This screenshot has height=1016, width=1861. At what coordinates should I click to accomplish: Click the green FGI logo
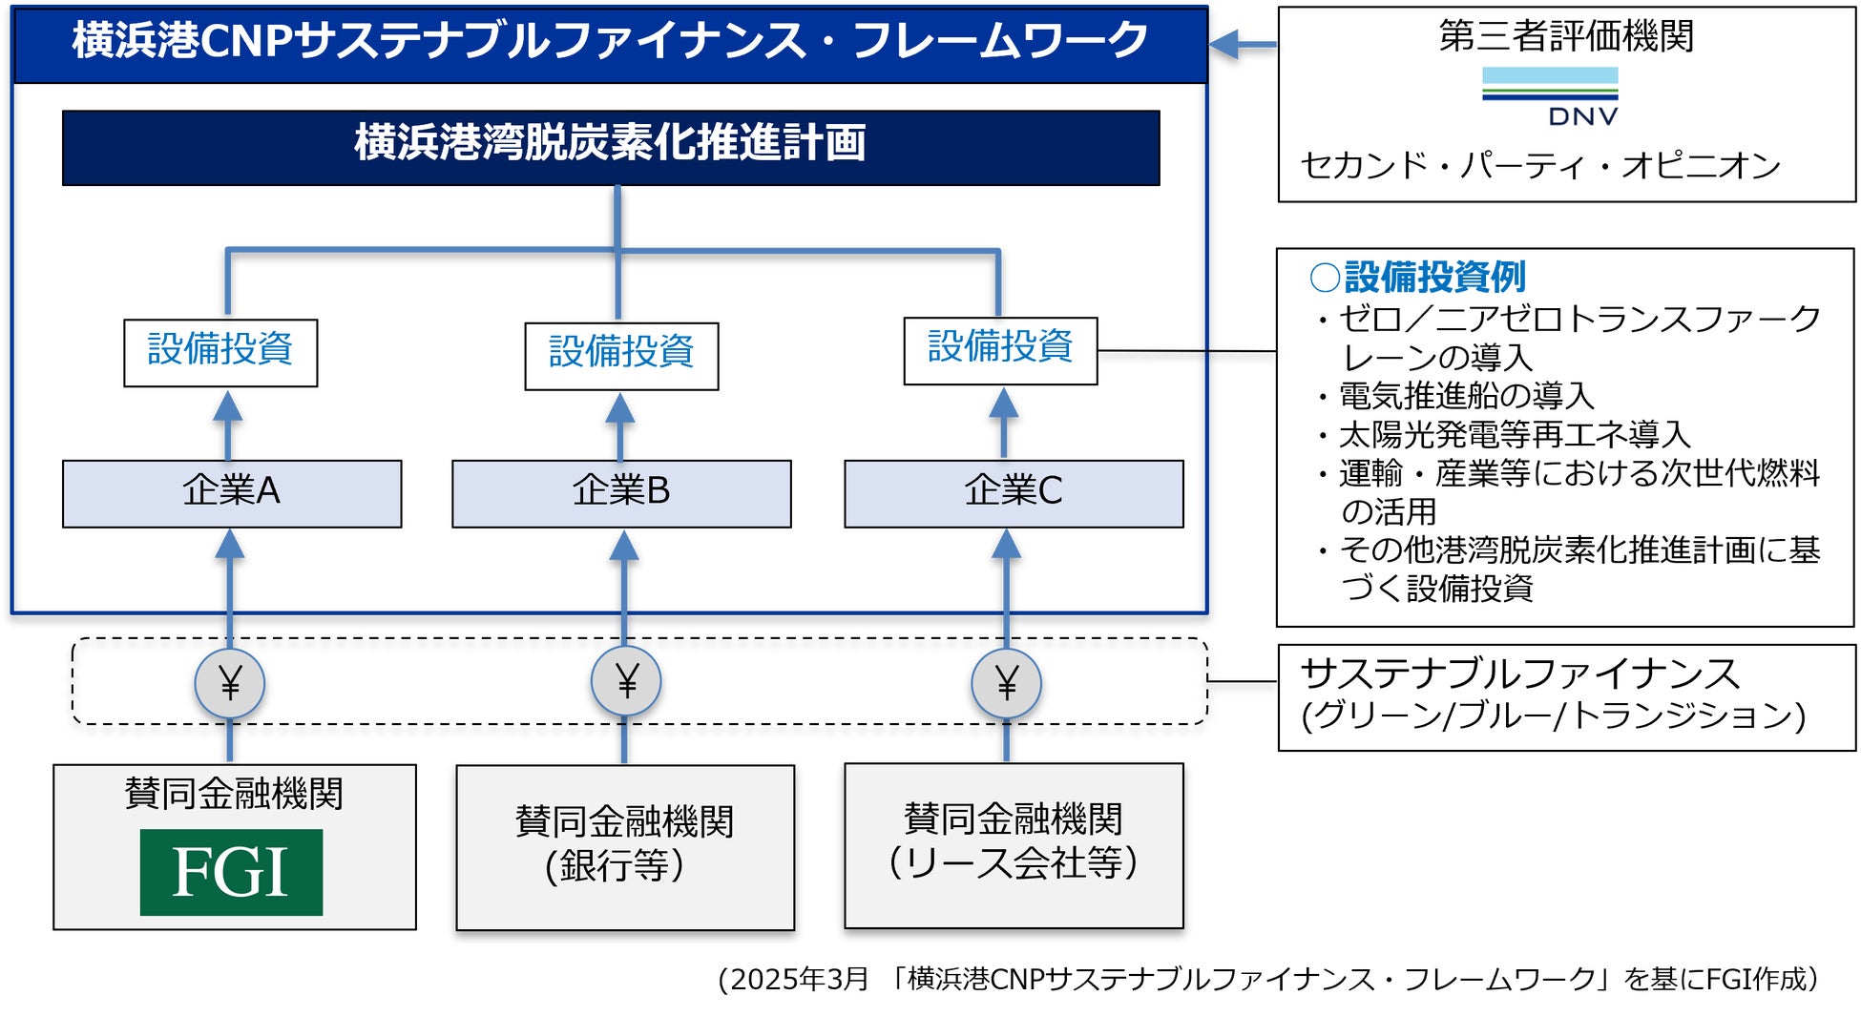tap(231, 872)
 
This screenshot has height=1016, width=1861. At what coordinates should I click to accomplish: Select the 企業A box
tap(232, 493)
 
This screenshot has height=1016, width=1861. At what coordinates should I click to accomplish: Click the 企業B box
tap(621, 493)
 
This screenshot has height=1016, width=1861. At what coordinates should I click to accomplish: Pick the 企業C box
tap(1014, 493)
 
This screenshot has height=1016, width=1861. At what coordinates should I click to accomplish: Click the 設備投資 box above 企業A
tap(220, 352)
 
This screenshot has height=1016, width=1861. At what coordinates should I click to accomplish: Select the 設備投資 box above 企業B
tap(621, 356)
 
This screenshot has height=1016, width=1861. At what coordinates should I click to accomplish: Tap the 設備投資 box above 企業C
tap(1000, 350)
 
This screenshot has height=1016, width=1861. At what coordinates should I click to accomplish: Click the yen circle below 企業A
tap(230, 683)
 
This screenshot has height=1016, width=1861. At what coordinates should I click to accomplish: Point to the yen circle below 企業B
tap(626, 681)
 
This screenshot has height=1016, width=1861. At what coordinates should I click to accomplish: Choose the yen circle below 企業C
tap(1006, 683)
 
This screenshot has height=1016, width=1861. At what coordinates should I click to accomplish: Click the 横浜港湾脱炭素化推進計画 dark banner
tap(611, 147)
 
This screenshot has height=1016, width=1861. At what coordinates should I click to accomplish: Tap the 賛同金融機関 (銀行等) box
tap(625, 846)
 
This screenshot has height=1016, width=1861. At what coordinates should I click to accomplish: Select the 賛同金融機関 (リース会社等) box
tap(1014, 844)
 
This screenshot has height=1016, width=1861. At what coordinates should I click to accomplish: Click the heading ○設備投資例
tap(1419, 278)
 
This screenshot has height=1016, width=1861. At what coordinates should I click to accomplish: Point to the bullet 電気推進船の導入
tap(1465, 395)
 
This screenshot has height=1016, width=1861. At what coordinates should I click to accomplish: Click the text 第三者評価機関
tap(1566, 36)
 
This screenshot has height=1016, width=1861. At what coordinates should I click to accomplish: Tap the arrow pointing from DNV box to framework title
tap(1242, 44)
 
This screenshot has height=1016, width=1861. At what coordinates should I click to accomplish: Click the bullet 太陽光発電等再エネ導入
tap(1514, 434)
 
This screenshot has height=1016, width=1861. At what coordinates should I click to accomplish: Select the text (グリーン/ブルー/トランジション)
tap(1554, 715)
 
